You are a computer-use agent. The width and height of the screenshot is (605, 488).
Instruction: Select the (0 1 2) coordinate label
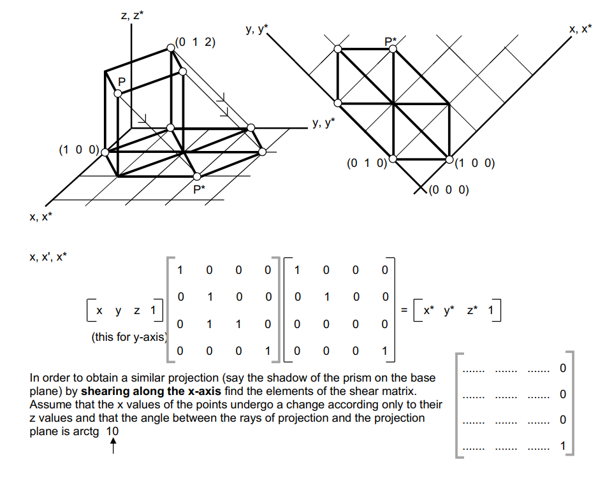(195, 43)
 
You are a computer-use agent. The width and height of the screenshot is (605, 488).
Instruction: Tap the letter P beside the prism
(122, 82)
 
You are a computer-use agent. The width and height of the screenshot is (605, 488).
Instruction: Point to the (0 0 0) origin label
(449, 190)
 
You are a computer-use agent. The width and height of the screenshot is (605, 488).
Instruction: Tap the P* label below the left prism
(199, 189)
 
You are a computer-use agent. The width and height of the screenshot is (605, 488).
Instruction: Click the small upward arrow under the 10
(113, 449)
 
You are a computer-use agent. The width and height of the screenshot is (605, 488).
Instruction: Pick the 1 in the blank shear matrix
(562, 446)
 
